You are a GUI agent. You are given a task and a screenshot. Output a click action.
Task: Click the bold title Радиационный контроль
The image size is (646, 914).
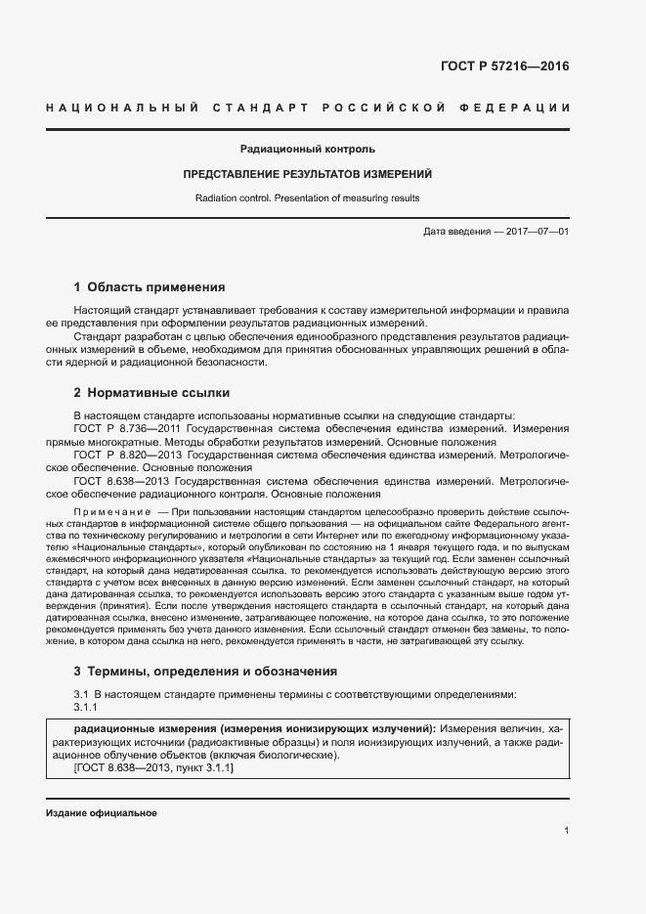click(307, 150)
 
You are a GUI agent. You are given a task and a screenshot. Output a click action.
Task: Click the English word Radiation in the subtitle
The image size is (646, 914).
click(217, 197)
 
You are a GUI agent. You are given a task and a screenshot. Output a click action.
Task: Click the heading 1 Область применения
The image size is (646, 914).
click(150, 287)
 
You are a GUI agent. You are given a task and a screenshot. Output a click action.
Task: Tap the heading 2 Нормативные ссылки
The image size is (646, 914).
click(151, 393)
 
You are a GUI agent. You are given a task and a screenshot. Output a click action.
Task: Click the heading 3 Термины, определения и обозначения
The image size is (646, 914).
click(205, 672)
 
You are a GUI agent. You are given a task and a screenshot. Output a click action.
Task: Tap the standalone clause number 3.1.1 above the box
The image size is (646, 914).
click(86, 707)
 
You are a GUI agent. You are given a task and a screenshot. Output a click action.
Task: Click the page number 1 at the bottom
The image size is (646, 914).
click(566, 831)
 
